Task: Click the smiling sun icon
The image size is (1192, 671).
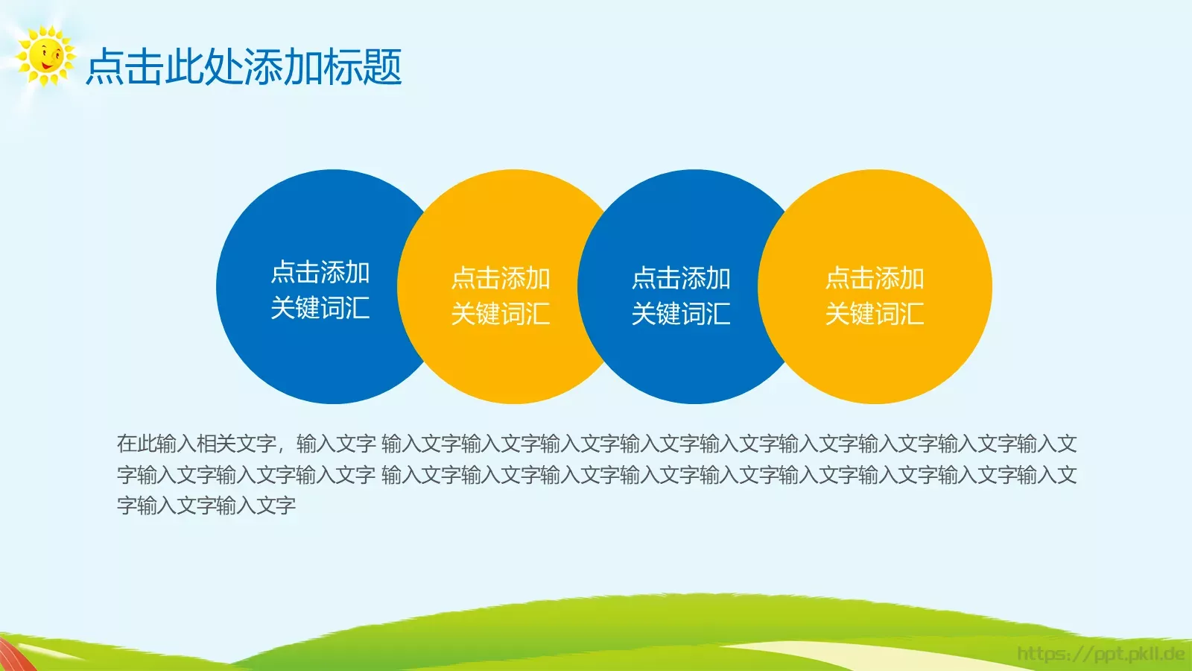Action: [45, 56]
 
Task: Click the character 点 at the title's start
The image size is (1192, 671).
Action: [105, 67]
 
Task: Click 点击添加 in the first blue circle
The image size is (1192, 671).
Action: [320, 273]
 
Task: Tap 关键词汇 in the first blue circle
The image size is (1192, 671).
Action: [320, 308]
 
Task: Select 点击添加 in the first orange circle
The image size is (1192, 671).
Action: [501, 279]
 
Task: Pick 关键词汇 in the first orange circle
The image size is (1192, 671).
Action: [501, 314]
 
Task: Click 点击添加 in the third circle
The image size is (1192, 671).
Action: [681, 279]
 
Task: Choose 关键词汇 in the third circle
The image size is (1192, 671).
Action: [681, 314]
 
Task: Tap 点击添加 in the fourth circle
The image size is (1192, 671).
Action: [875, 279]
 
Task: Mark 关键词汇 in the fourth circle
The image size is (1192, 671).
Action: [875, 314]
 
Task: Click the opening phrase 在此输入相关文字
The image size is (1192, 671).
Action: [197, 444]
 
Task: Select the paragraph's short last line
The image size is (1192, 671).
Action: [206, 506]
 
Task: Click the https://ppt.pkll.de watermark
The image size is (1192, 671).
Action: [1100, 655]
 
